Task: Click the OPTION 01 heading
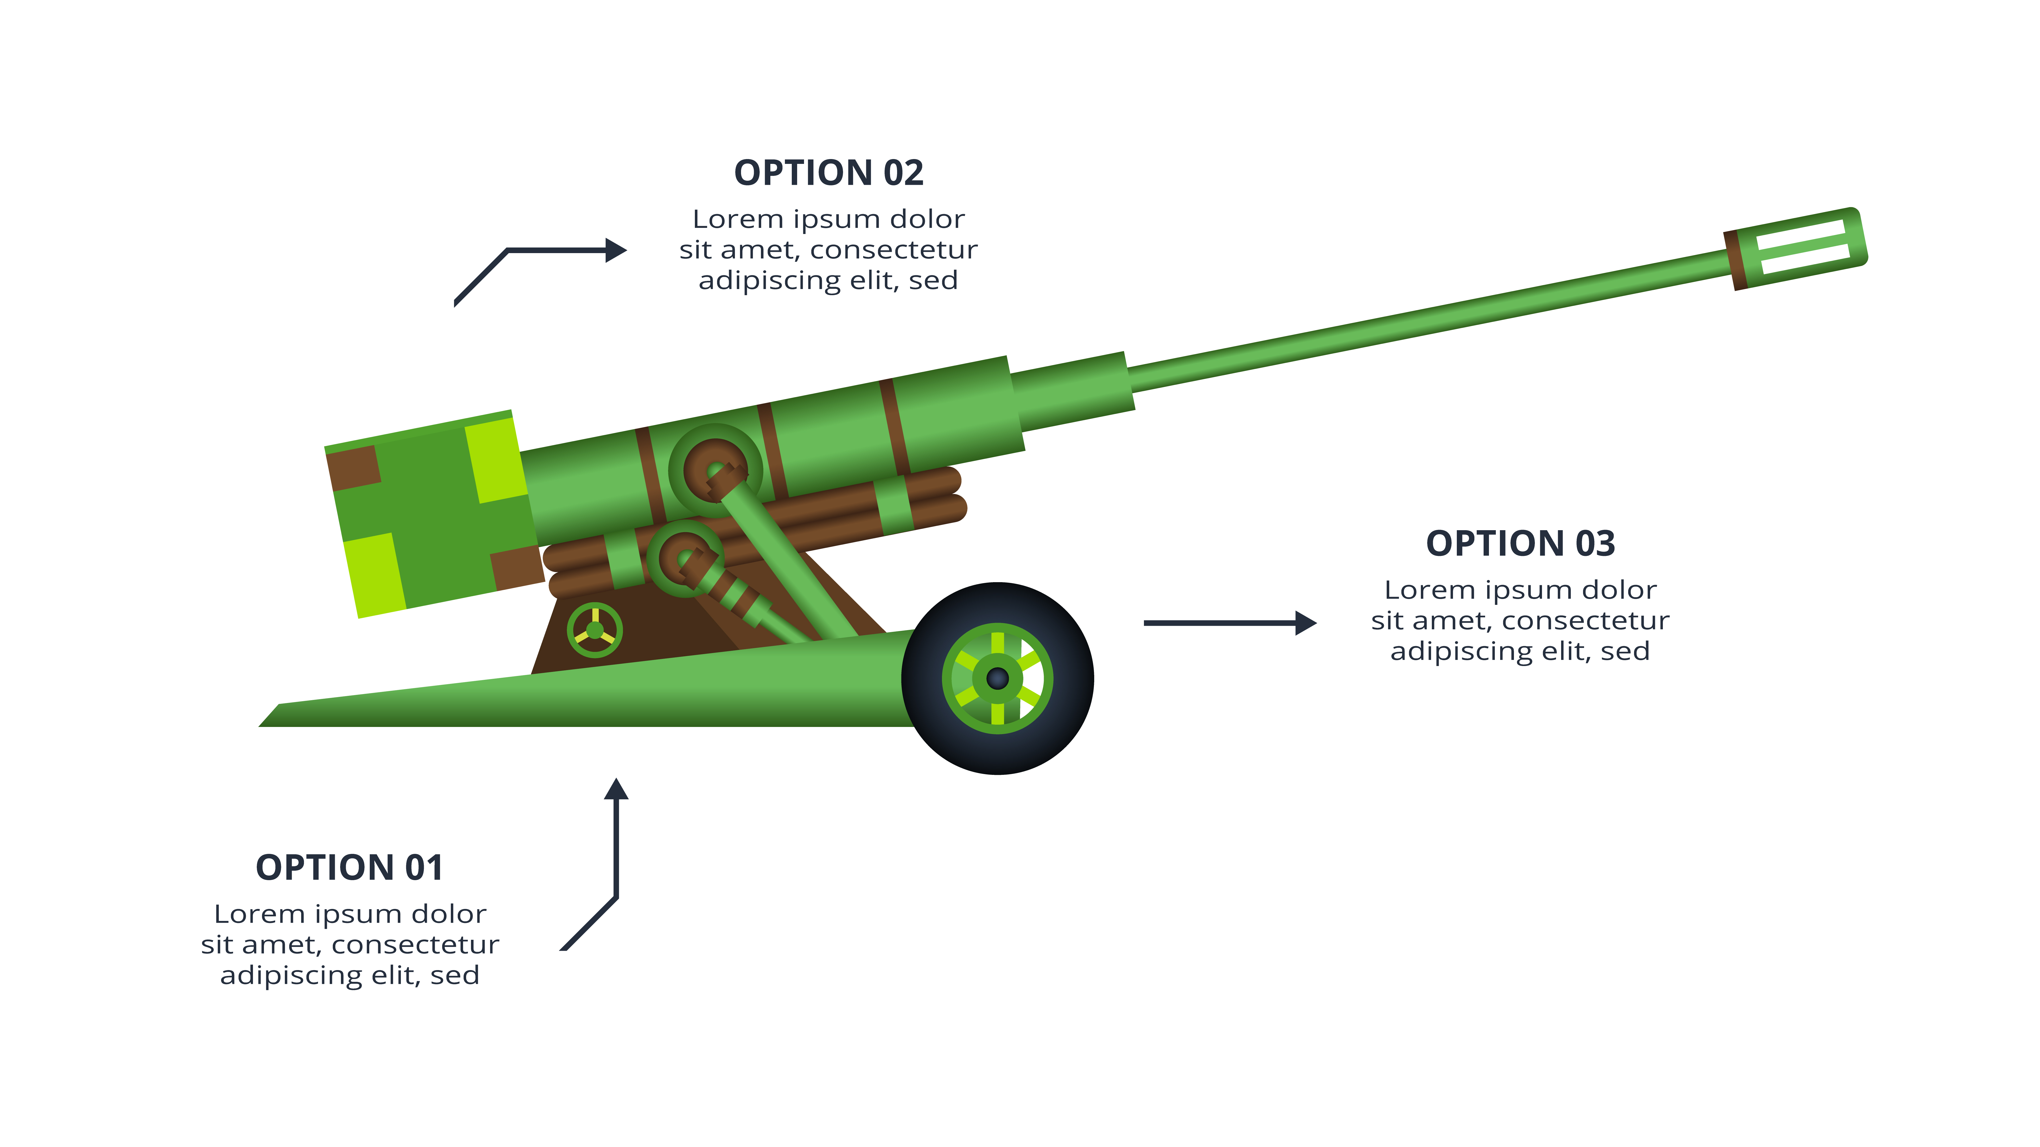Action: click(349, 868)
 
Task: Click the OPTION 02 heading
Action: click(828, 173)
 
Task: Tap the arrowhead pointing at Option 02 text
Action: click(615, 250)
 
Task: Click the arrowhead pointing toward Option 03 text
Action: click(1305, 623)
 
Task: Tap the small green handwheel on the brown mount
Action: click(595, 631)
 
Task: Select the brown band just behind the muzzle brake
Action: click(1734, 261)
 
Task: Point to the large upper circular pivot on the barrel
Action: click(715, 470)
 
